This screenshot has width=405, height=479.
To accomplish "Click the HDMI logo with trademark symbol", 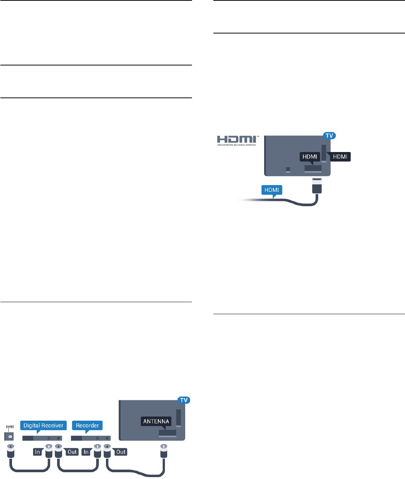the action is pos(237,140).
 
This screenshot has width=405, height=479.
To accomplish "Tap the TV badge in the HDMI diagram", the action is pos(329,135).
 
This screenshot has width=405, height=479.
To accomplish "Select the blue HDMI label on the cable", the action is pos(272,190).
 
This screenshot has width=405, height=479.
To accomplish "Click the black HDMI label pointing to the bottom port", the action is pos(310,157).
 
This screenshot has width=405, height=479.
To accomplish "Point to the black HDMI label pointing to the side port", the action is pos(340,157).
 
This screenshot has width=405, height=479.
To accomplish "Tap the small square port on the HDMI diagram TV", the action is pos(288,170).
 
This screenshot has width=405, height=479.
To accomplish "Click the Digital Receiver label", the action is pos(43,426).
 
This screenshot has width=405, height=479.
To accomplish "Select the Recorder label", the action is pos(87,426).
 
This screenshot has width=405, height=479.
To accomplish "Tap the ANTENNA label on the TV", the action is pos(156,421).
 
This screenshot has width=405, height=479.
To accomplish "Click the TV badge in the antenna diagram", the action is pos(184,400).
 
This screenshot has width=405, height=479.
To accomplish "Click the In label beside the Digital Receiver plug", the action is pos(37,452).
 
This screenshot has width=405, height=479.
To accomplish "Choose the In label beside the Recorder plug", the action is pos(86,452).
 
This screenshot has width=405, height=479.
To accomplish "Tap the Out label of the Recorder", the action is pos(121,452).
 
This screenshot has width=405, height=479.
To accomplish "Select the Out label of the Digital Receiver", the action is pos(72,452).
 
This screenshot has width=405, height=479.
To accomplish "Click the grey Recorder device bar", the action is pos(91,438).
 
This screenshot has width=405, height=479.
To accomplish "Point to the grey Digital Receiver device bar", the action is pos(42,438).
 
